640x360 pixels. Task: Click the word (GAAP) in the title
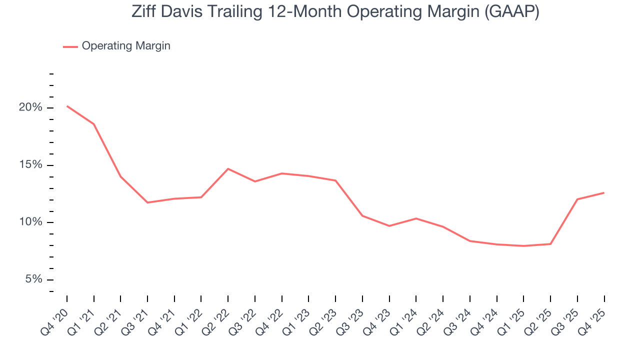point(511,11)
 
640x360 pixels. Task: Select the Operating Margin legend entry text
point(126,46)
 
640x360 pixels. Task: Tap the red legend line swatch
point(70,46)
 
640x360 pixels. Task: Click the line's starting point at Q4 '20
point(67,106)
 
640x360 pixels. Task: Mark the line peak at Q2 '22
point(228,168)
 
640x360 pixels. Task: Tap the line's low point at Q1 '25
point(523,246)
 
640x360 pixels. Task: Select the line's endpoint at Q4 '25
point(604,192)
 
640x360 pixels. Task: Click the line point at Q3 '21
point(147,202)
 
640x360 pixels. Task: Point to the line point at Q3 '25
point(577,199)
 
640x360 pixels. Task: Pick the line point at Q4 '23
point(389,226)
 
